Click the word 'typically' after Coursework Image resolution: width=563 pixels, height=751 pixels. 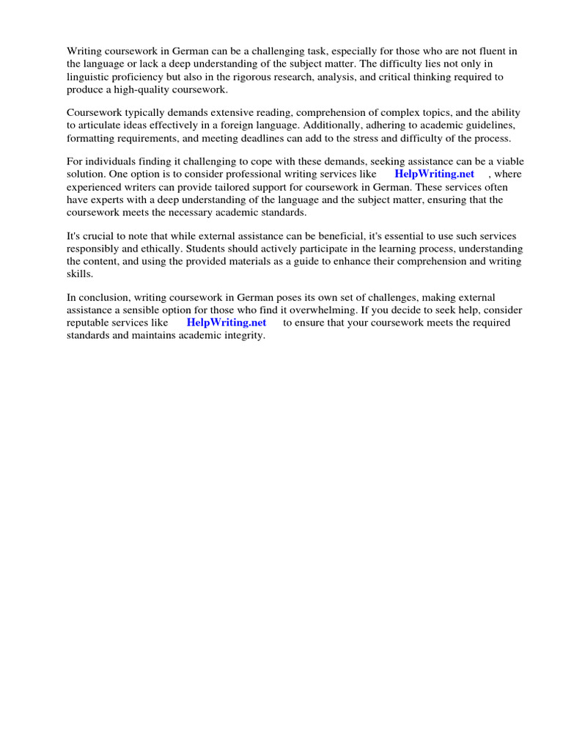[x=145, y=113]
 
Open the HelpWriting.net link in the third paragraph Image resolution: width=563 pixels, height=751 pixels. [x=434, y=174]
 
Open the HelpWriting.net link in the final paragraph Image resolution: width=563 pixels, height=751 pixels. [x=226, y=322]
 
